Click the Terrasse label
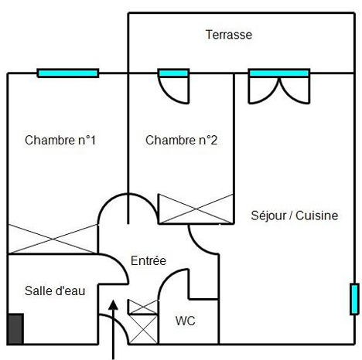point(229,35)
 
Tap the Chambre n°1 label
point(60,141)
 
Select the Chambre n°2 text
point(181,141)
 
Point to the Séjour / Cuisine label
point(295,216)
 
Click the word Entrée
point(149,260)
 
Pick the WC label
point(185,321)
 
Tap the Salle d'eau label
point(55,291)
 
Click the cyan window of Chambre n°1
point(68,73)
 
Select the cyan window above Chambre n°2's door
point(173,73)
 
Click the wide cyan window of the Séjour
point(279,73)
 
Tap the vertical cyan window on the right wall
point(354,299)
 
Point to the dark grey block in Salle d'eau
point(16,329)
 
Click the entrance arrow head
point(113,304)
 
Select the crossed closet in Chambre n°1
point(53,239)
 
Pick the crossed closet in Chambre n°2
point(196,209)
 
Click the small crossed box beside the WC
point(143,307)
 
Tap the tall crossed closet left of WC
point(143,329)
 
